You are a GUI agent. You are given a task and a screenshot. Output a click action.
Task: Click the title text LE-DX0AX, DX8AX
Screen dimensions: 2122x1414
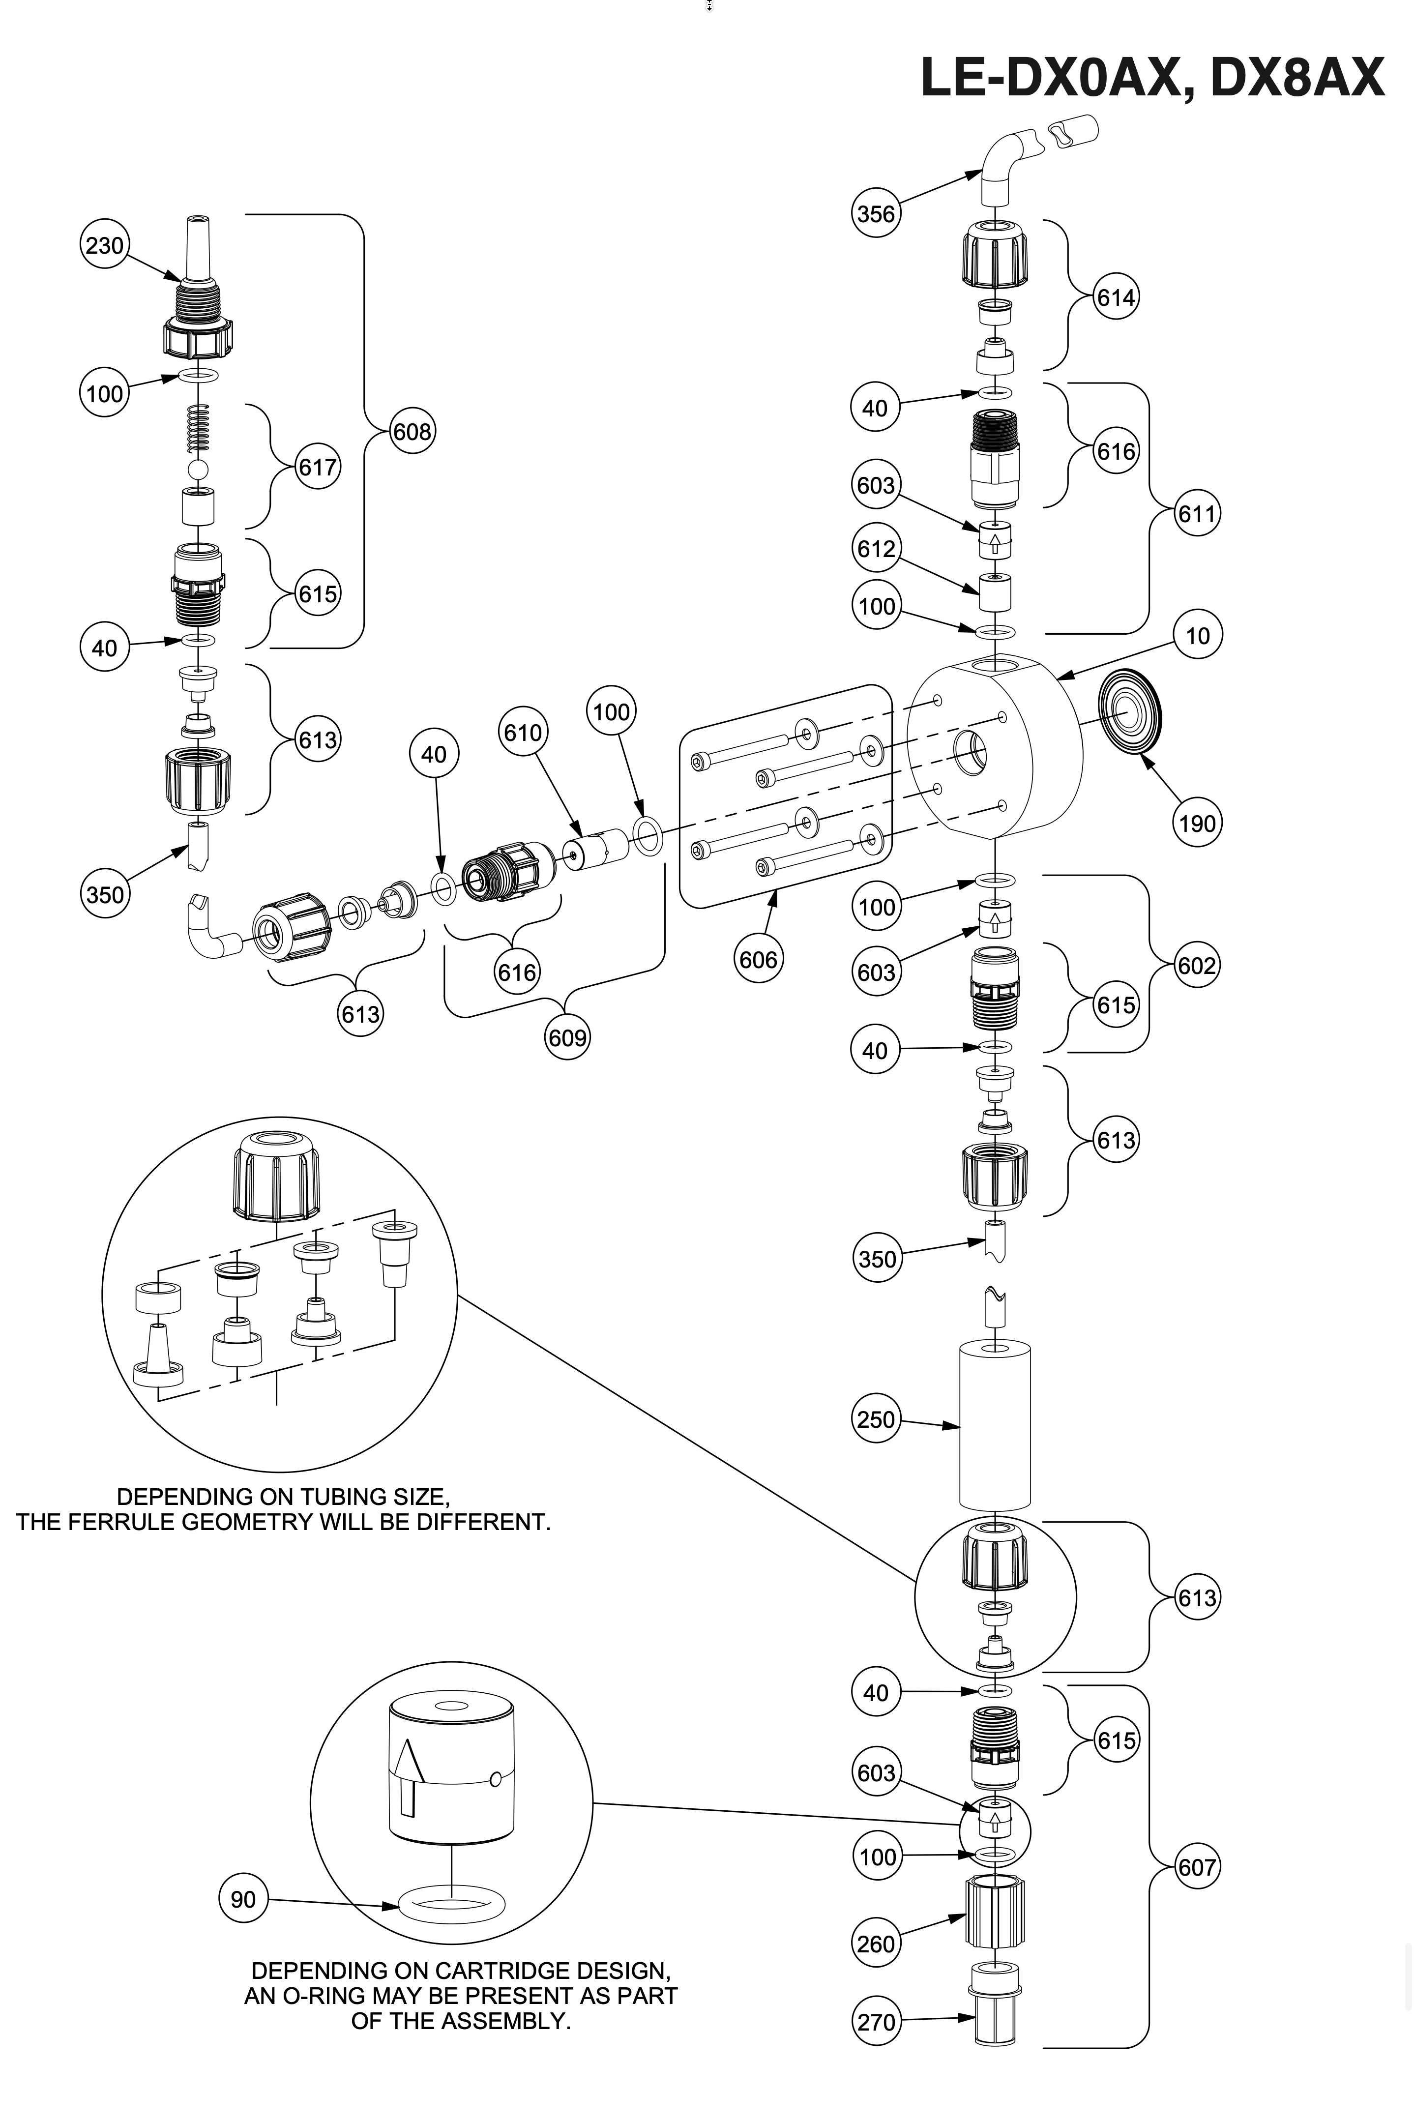1151,79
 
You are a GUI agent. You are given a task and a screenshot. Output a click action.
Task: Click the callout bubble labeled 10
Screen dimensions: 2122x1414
1197,636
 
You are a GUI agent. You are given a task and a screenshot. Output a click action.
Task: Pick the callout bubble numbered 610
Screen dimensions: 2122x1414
523,732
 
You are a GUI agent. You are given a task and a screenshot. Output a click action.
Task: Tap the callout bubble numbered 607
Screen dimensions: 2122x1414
1197,1866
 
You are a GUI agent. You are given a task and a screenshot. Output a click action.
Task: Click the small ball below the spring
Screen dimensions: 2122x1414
199,469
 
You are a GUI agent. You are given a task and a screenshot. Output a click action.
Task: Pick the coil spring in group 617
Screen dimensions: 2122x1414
199,428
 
